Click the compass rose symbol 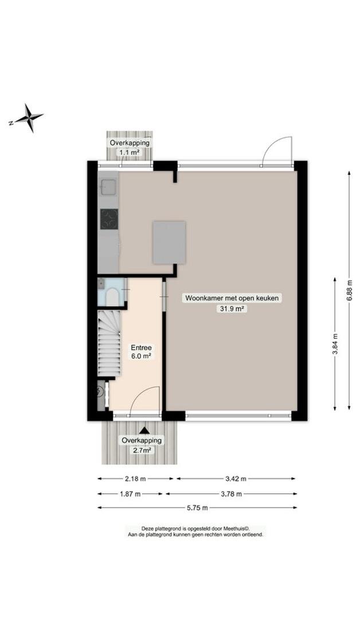(x=26, y=117)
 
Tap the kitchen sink (x=108, y=187)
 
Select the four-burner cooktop (x=109, y=219)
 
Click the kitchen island (x=170, y=242)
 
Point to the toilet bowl (x=112, y=297)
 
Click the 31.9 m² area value (x=232, y=309)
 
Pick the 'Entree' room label (x=142, y=348)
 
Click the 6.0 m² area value (x=142, y=356)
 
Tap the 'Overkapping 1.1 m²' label (x=130, y=147)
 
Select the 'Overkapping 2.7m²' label (x=142, y=445)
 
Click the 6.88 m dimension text (x=349, y=291)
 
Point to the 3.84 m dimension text (x=335, y=344)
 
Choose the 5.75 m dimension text (x=197, y=508)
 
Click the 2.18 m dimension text (x=135, y=479)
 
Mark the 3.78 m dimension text (x=231, y=493)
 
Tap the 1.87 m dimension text (x=130, y=493)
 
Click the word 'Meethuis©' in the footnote (x=237, y=529)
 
